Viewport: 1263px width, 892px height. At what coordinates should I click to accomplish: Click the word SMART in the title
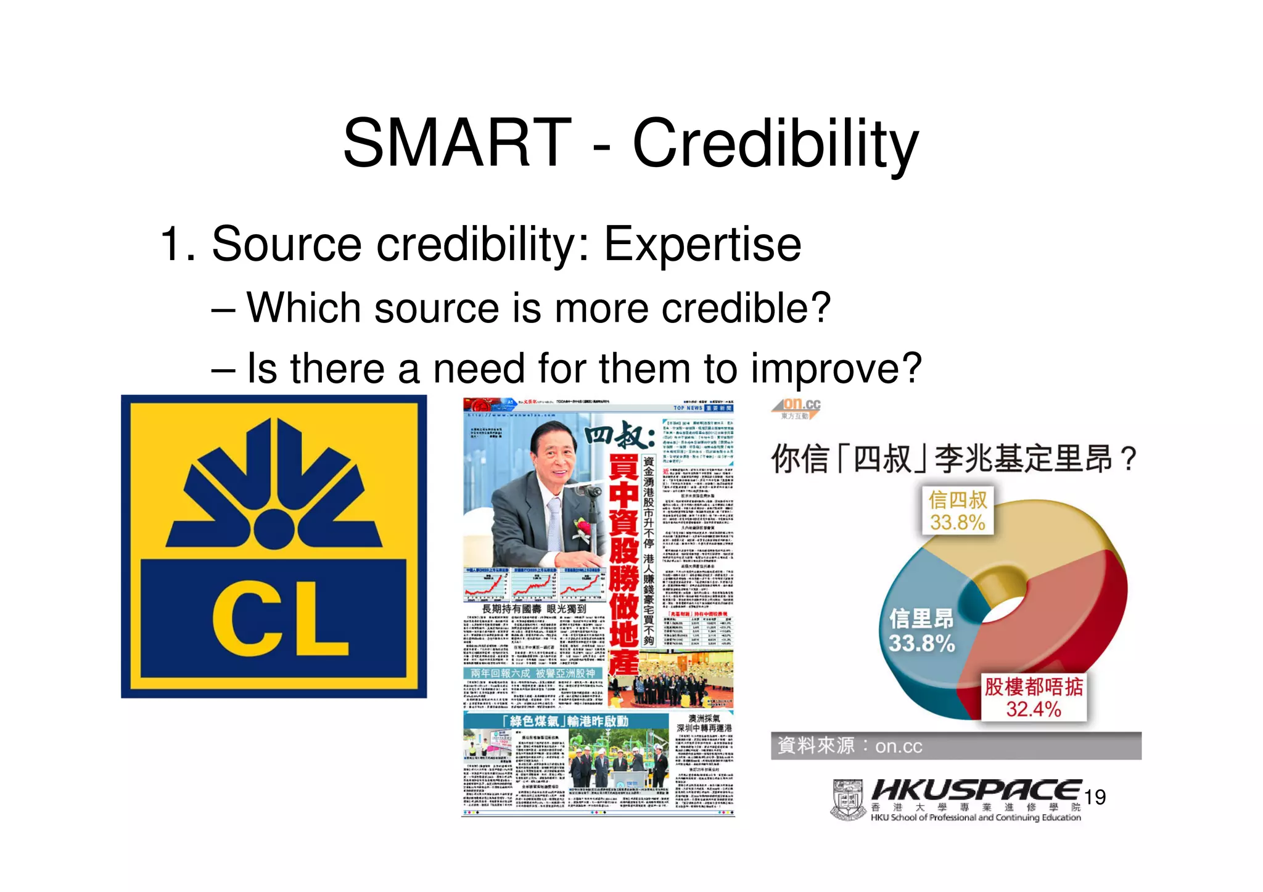coord(457,144)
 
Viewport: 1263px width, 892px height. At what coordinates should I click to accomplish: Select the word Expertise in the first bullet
coord(702,244)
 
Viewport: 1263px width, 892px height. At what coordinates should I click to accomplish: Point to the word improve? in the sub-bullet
coord(836,369)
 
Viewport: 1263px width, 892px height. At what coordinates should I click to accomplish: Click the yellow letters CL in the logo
coord(281,618)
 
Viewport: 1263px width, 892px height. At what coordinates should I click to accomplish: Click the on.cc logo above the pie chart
coord(797,407)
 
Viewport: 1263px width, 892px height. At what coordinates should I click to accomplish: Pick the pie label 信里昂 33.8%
coord(921,631)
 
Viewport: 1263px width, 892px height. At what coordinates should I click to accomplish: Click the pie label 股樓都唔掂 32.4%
coord(1034,697)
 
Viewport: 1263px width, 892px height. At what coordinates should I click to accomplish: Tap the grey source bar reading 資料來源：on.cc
coord(955,746)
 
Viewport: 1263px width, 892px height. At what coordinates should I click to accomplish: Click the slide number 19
coord(1095,797)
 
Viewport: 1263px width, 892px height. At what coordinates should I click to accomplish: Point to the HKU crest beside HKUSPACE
coord(848,800)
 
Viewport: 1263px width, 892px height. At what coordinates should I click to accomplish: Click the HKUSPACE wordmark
coord(976,791)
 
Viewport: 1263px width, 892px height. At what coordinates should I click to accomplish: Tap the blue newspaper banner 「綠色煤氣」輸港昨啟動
coord(566,721)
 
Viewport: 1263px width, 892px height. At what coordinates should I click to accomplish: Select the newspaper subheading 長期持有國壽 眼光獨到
coord(533,609)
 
